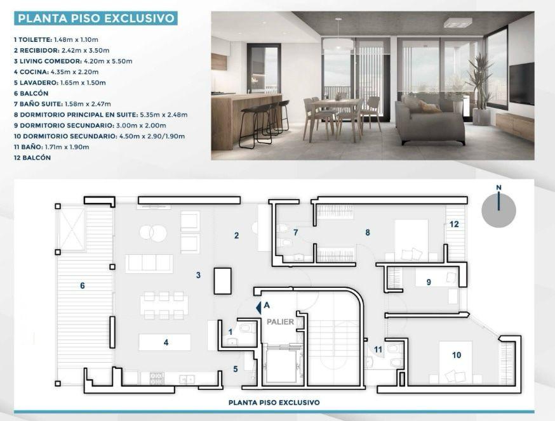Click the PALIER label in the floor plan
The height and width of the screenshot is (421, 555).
point(280,321)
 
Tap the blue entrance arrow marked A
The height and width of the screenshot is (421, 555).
point(259,308)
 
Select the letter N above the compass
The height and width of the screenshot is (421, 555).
point(498,187)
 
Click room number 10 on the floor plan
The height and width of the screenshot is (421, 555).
point(457,355)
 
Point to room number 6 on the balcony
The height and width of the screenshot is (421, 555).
point(83,285)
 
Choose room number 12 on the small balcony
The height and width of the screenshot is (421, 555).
point(454,224)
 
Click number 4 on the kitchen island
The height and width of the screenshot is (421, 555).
point(166,342)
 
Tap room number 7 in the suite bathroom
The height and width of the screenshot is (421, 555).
point(295,232)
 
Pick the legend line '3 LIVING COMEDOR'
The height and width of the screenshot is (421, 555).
point(73,61)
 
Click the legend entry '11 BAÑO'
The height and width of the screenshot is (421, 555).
point(51,146)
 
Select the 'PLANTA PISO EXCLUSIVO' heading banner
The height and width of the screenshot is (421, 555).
point(96,18)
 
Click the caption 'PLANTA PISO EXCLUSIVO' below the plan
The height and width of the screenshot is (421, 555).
point(274,402)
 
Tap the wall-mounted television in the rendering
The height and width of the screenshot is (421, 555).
point(522,84)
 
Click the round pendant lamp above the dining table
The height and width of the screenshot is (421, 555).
point(338,44)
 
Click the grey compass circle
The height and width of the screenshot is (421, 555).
point(498,210)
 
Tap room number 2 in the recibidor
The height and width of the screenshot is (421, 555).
point(236,235)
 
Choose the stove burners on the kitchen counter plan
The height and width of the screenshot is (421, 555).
point(157,379)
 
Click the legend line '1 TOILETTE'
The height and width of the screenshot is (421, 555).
point(57,39)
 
